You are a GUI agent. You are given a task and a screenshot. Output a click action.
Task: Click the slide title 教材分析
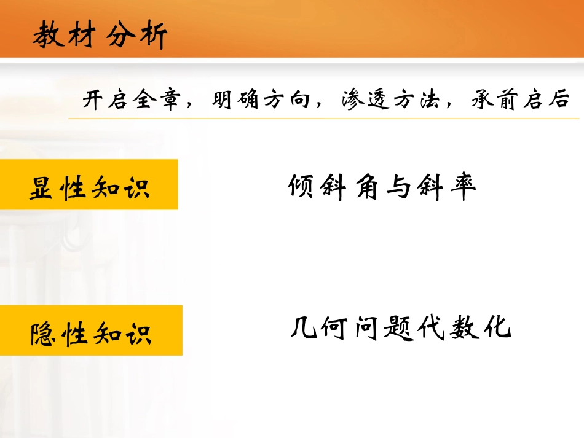100,36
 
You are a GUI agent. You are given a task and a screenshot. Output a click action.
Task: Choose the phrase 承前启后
521,100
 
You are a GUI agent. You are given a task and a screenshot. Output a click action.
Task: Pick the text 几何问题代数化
400,328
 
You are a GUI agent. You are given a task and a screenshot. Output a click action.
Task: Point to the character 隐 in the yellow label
43,334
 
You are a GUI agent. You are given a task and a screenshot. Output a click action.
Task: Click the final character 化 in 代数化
497,328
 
